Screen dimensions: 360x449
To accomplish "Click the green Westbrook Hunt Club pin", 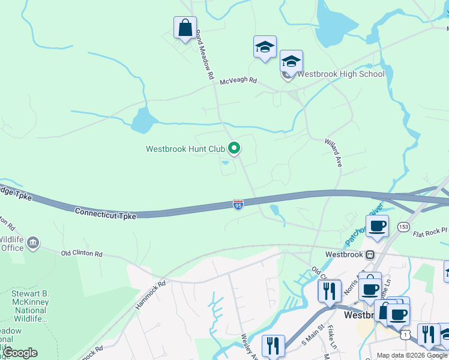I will [234, 148].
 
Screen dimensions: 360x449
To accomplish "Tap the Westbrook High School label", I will [340, 74].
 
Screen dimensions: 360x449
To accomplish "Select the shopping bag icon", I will [185, 28].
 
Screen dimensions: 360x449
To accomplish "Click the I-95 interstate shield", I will [238, 205].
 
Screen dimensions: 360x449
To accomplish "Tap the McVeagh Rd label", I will [238, 80].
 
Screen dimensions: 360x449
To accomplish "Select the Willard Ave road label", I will [333, 153].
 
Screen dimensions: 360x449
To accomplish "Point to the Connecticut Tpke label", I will [106, 213].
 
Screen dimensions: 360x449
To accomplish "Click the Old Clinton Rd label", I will [82, 254].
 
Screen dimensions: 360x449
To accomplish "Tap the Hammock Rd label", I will [149, 295].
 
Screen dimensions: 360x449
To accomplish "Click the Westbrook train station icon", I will [371, 254].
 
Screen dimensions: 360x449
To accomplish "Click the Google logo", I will [20, 353].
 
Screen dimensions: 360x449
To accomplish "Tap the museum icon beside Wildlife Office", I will [33, 243].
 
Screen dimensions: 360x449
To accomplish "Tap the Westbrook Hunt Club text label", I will [185, 149].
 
